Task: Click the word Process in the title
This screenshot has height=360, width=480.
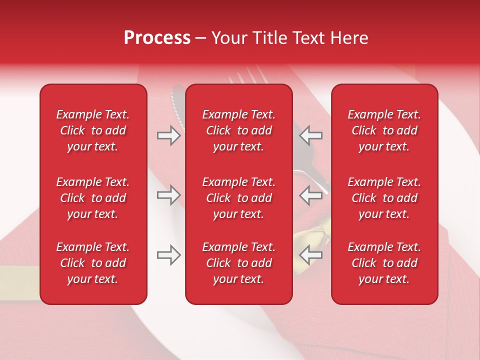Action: [x=157, y=38]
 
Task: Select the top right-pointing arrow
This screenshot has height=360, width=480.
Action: [x=169, y=135]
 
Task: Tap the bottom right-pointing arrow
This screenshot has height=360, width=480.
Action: [x=169, y=255]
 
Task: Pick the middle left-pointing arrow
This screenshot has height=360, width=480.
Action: [x=311, y=195]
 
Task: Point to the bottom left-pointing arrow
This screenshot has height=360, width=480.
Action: [x=311, y=255]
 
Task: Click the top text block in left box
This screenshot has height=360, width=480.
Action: [x=93, y=130]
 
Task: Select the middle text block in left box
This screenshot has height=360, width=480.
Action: [x=93, y=198]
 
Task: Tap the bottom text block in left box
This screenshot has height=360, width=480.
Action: [x=93, y=263]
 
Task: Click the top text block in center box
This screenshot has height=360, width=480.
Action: [x=238, y=130]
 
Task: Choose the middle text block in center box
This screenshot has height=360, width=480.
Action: [x=238, y=198]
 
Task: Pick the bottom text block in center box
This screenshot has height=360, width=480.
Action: [x=238, y=263]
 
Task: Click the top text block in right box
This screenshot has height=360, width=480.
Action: [x=384, y=130]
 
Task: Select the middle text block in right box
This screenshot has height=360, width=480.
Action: [x=384, y=198]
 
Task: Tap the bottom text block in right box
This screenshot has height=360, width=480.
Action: [x=384, y=263]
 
